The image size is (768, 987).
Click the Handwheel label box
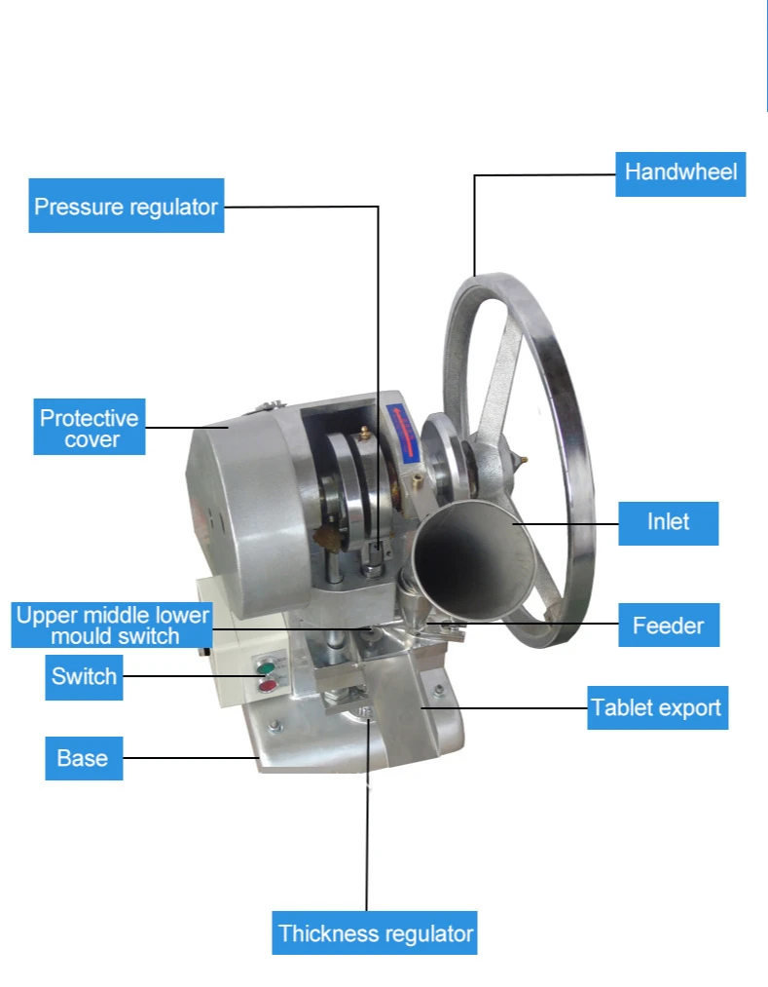coord(680,173)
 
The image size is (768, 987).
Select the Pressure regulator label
coord(127,206)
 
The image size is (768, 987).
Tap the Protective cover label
coord(90,427)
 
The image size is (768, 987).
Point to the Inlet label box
coord(669,522)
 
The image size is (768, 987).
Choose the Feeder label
coord(669,625)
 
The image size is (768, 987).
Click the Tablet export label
coord(658,706)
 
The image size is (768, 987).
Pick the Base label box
coord(84,758)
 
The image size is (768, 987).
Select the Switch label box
coord(85,676)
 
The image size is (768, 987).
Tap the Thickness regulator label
coord(375,932)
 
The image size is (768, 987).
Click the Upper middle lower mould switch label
coord(111,626)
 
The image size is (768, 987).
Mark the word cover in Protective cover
coord(91,439)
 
